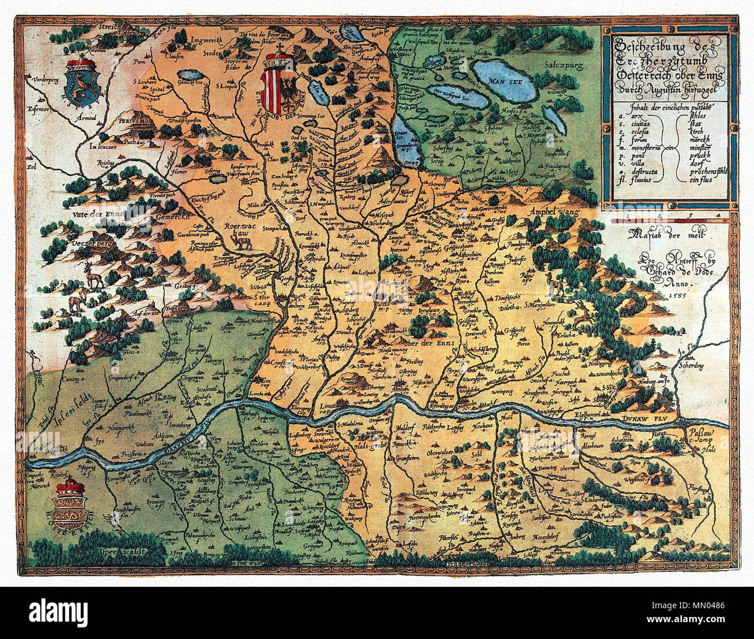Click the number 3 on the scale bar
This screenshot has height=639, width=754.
point(689,216)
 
